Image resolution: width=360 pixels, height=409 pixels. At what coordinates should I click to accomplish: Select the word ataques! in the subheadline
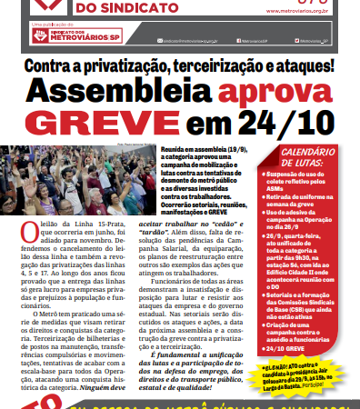coord(301,66)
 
